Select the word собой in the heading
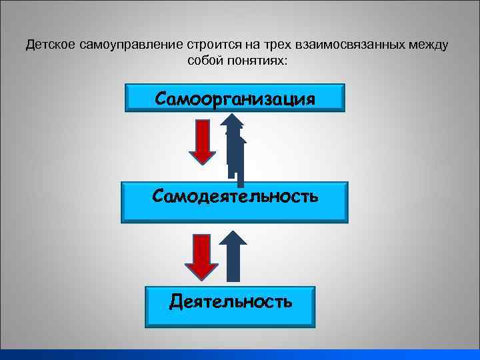click(x=205, y=61)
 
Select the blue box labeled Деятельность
click(x=230, y=303)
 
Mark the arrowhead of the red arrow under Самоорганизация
click(x=203, y=154)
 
